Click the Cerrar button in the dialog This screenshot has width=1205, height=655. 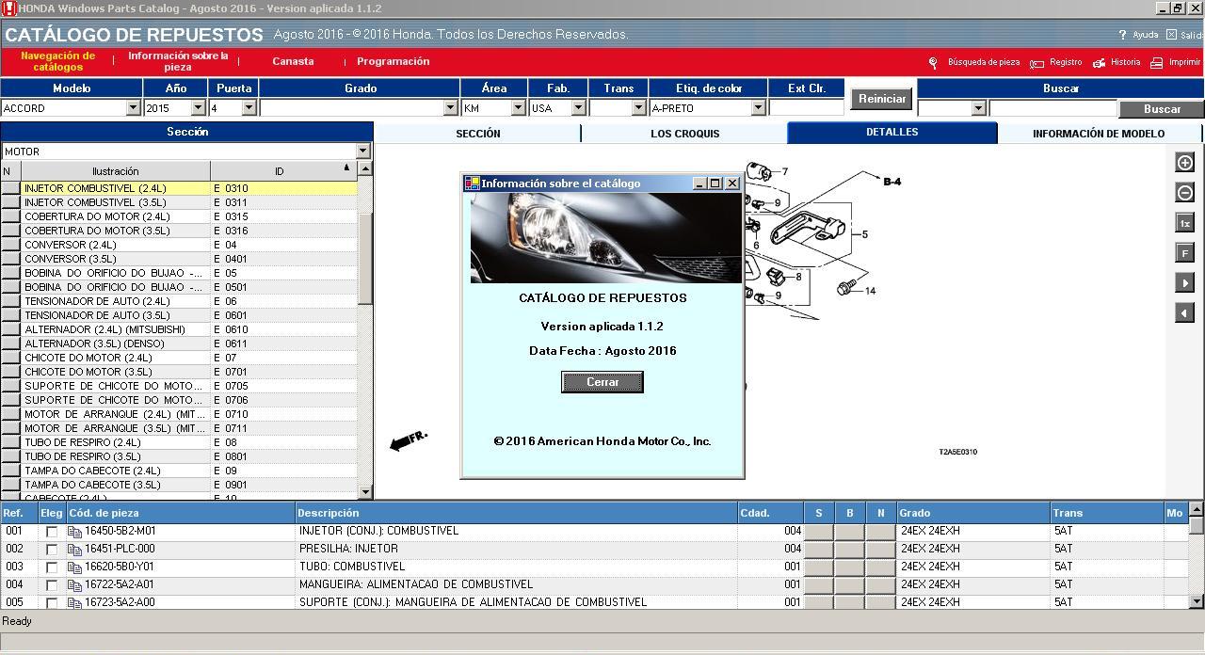click(602, 382)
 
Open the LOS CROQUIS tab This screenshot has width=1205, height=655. click(684, 134)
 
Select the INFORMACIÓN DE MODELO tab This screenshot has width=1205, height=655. click(1098, 134)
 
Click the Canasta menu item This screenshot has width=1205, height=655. click(293, 61)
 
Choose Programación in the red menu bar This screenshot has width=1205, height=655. click(393, 61)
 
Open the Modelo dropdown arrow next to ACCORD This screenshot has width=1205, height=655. click(133, 108)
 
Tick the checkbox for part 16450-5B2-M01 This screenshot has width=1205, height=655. click(52, 532)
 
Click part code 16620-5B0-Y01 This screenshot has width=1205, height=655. click(120, 567)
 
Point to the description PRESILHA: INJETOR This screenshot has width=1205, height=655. click(348, 549)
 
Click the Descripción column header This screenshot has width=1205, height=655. click(329, 513)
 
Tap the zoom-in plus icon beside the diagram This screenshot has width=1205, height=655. click(1184, 163)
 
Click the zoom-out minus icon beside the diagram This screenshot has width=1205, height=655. click(1184, 193)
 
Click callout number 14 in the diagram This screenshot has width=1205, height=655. click(870, 291)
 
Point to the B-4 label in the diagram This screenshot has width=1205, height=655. click(892, 182)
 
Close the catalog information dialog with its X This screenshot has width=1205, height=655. click(732, 184)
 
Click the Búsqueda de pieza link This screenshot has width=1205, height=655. click(983, 62)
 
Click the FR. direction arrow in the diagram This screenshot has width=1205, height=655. click(409, 440)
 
